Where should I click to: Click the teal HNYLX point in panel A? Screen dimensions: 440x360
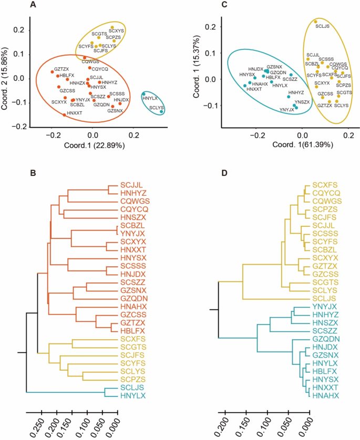click(x=144, y=94)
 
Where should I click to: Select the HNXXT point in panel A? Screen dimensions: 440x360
click(x=65, y=114)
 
